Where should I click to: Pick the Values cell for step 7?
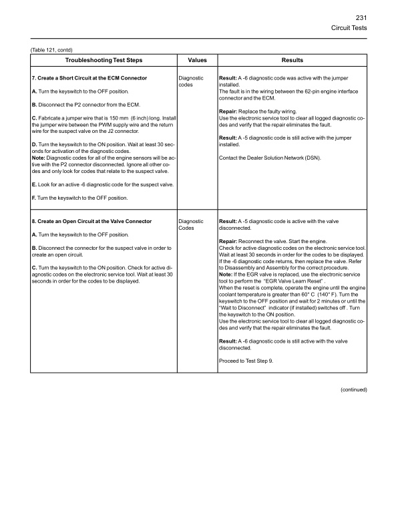pos(192,81)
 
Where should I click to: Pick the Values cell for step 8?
pos(192,224)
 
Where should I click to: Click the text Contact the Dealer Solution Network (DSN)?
pos(278,157)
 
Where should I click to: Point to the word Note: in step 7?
pos(39,158)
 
